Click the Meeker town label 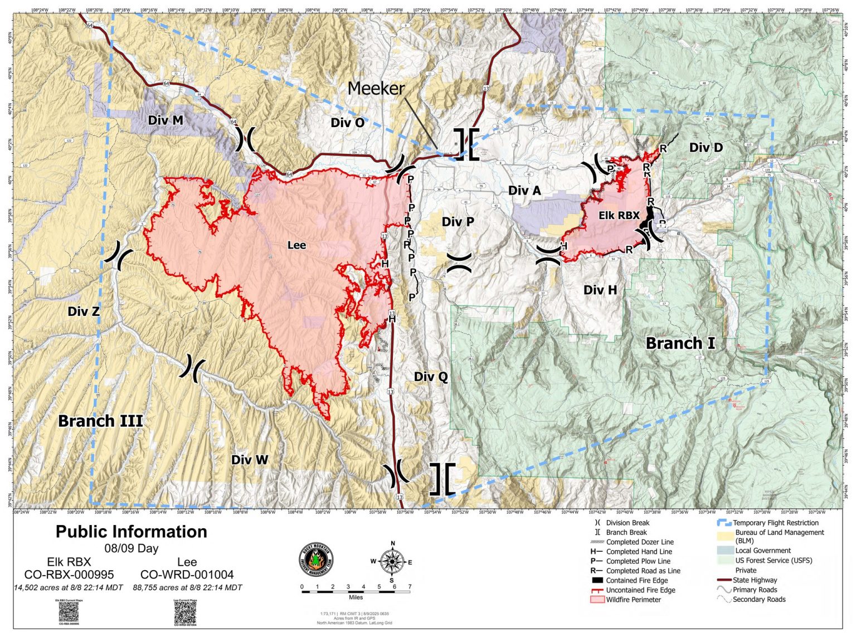[376, 88]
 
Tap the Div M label [166, 120]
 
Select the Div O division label [347, 123]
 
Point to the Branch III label [100, 421]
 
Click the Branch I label [680, 343]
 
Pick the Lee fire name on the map [296, 245]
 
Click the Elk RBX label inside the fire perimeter [619, 216]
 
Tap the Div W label [250, 460]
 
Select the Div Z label [84, 312]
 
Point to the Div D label [706, 148]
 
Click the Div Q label [431, 377]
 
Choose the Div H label [600, 290]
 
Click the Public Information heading [132, 532]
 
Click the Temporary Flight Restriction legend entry [775, 523]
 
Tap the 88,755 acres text [187, 587]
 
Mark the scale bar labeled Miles [356, 591]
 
